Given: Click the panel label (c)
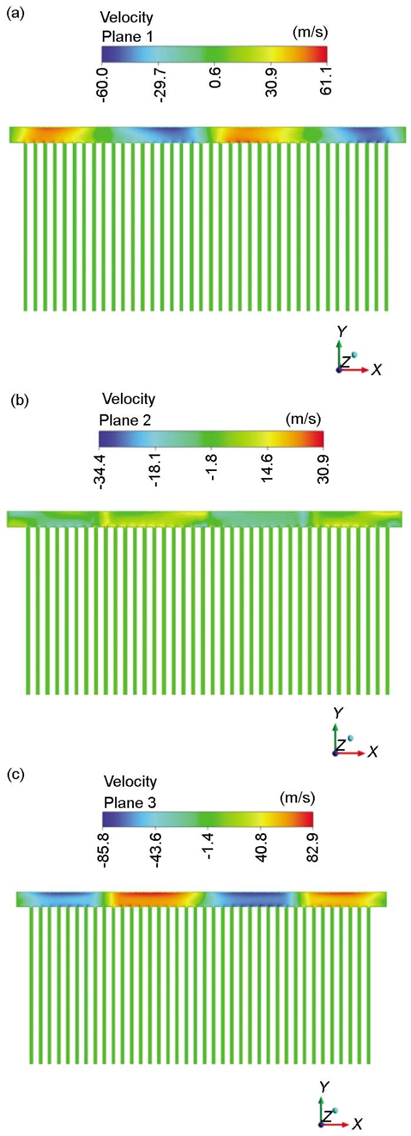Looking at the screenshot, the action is click(15, 774).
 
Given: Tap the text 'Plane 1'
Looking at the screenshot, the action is click(127, 37).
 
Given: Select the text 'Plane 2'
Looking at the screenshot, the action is click(124, 420).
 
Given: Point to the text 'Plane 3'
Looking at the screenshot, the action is click(130, 803).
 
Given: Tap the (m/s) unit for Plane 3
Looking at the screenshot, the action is click(297, 798).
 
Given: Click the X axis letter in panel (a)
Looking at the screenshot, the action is click(377, 369).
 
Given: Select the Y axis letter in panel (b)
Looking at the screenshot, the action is click(338, 713).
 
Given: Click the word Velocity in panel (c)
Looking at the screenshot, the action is click(130, 781).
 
